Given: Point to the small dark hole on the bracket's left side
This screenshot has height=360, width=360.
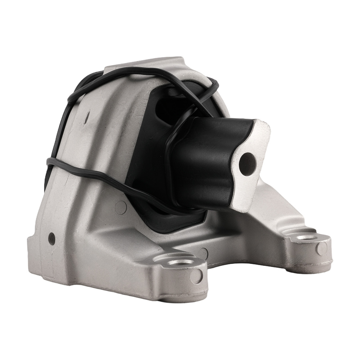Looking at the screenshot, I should tap(51, 237).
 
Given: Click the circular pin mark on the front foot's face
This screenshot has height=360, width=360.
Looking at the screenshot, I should tap(197, 276).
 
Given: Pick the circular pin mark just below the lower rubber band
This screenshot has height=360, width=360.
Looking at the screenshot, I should tap(122, 206).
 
